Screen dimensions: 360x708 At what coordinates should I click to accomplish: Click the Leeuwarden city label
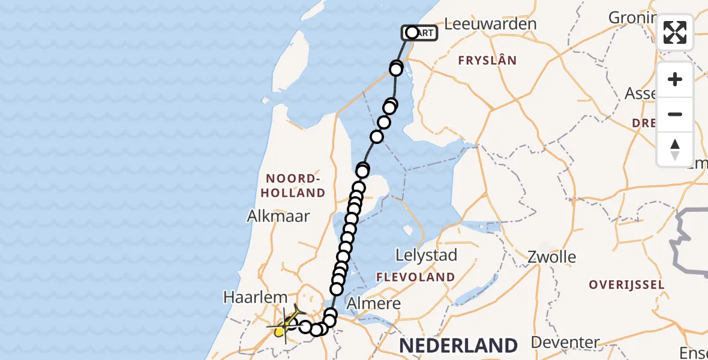click(491, 24)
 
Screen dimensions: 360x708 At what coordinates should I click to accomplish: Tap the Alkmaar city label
click(278, 216)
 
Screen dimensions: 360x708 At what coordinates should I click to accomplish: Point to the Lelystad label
click(426, 255)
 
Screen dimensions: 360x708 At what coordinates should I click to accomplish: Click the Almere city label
click(373, 304)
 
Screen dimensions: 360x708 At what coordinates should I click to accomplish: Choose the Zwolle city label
click(552, 257)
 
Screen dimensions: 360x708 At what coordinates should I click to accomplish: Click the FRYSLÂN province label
click(487, 60)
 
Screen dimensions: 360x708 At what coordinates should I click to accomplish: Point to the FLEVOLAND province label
click(415, 277)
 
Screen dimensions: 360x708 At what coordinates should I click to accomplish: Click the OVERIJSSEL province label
click(626, 284)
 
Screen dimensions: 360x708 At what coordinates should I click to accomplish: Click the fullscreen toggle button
click(675, 32)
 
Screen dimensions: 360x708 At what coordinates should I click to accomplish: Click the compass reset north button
click(675, 149)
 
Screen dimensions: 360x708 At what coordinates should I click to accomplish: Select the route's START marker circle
click(412, 32)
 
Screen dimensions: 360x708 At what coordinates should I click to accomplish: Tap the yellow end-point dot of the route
click(280, 331)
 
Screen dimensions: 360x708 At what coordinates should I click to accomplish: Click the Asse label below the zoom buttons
click(641, 94)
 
